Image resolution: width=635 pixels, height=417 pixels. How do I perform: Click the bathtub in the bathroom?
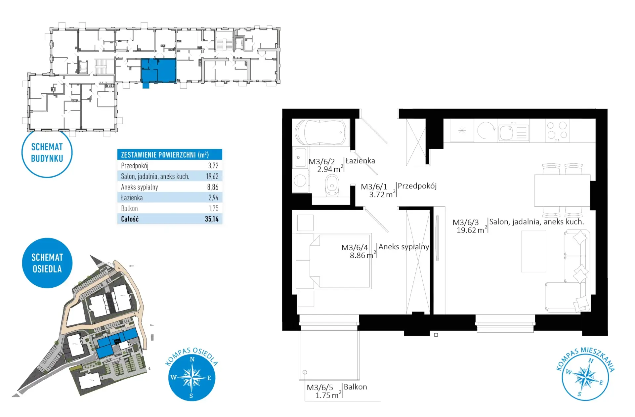point(320,132)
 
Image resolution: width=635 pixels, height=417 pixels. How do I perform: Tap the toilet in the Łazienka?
point(332,185)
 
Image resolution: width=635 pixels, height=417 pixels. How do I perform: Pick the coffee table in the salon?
point(533,251)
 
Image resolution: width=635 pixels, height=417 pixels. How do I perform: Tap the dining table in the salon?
point(562,190)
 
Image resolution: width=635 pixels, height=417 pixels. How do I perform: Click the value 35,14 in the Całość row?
point(212,219)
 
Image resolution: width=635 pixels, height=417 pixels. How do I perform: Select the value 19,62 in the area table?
point(212,176)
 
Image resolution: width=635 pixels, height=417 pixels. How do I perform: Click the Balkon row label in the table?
point(129,208)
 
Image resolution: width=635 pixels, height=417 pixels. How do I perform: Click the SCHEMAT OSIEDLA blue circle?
point(47,263)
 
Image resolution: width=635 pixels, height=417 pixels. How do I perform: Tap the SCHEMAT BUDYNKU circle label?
point(47,153)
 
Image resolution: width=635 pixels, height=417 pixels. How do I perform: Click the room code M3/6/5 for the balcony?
point(320,388)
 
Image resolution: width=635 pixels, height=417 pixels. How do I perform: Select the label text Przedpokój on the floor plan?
point(417,186)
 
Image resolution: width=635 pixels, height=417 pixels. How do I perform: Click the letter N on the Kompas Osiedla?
point(192,359)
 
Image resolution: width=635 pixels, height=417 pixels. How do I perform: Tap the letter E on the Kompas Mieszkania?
point(601,383)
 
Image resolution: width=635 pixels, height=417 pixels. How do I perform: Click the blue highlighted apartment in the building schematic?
point(158,70)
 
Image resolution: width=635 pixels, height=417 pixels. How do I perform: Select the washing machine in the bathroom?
point(300,181)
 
